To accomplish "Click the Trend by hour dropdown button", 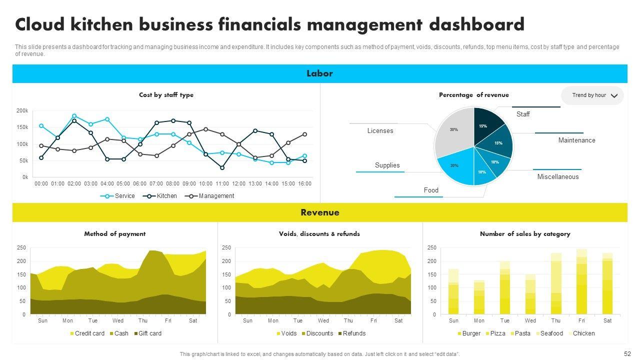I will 592,95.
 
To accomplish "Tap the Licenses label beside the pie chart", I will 380,131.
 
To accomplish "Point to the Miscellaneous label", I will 557,177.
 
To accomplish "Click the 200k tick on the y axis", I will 22,110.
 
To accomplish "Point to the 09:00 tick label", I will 189,184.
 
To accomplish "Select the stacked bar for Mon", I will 479,297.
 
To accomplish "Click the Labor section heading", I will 319,73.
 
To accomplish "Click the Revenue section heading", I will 319,212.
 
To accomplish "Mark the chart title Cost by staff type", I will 166,95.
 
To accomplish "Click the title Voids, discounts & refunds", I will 319,234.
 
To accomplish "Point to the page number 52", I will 627,353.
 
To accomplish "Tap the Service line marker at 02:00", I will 74,116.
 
